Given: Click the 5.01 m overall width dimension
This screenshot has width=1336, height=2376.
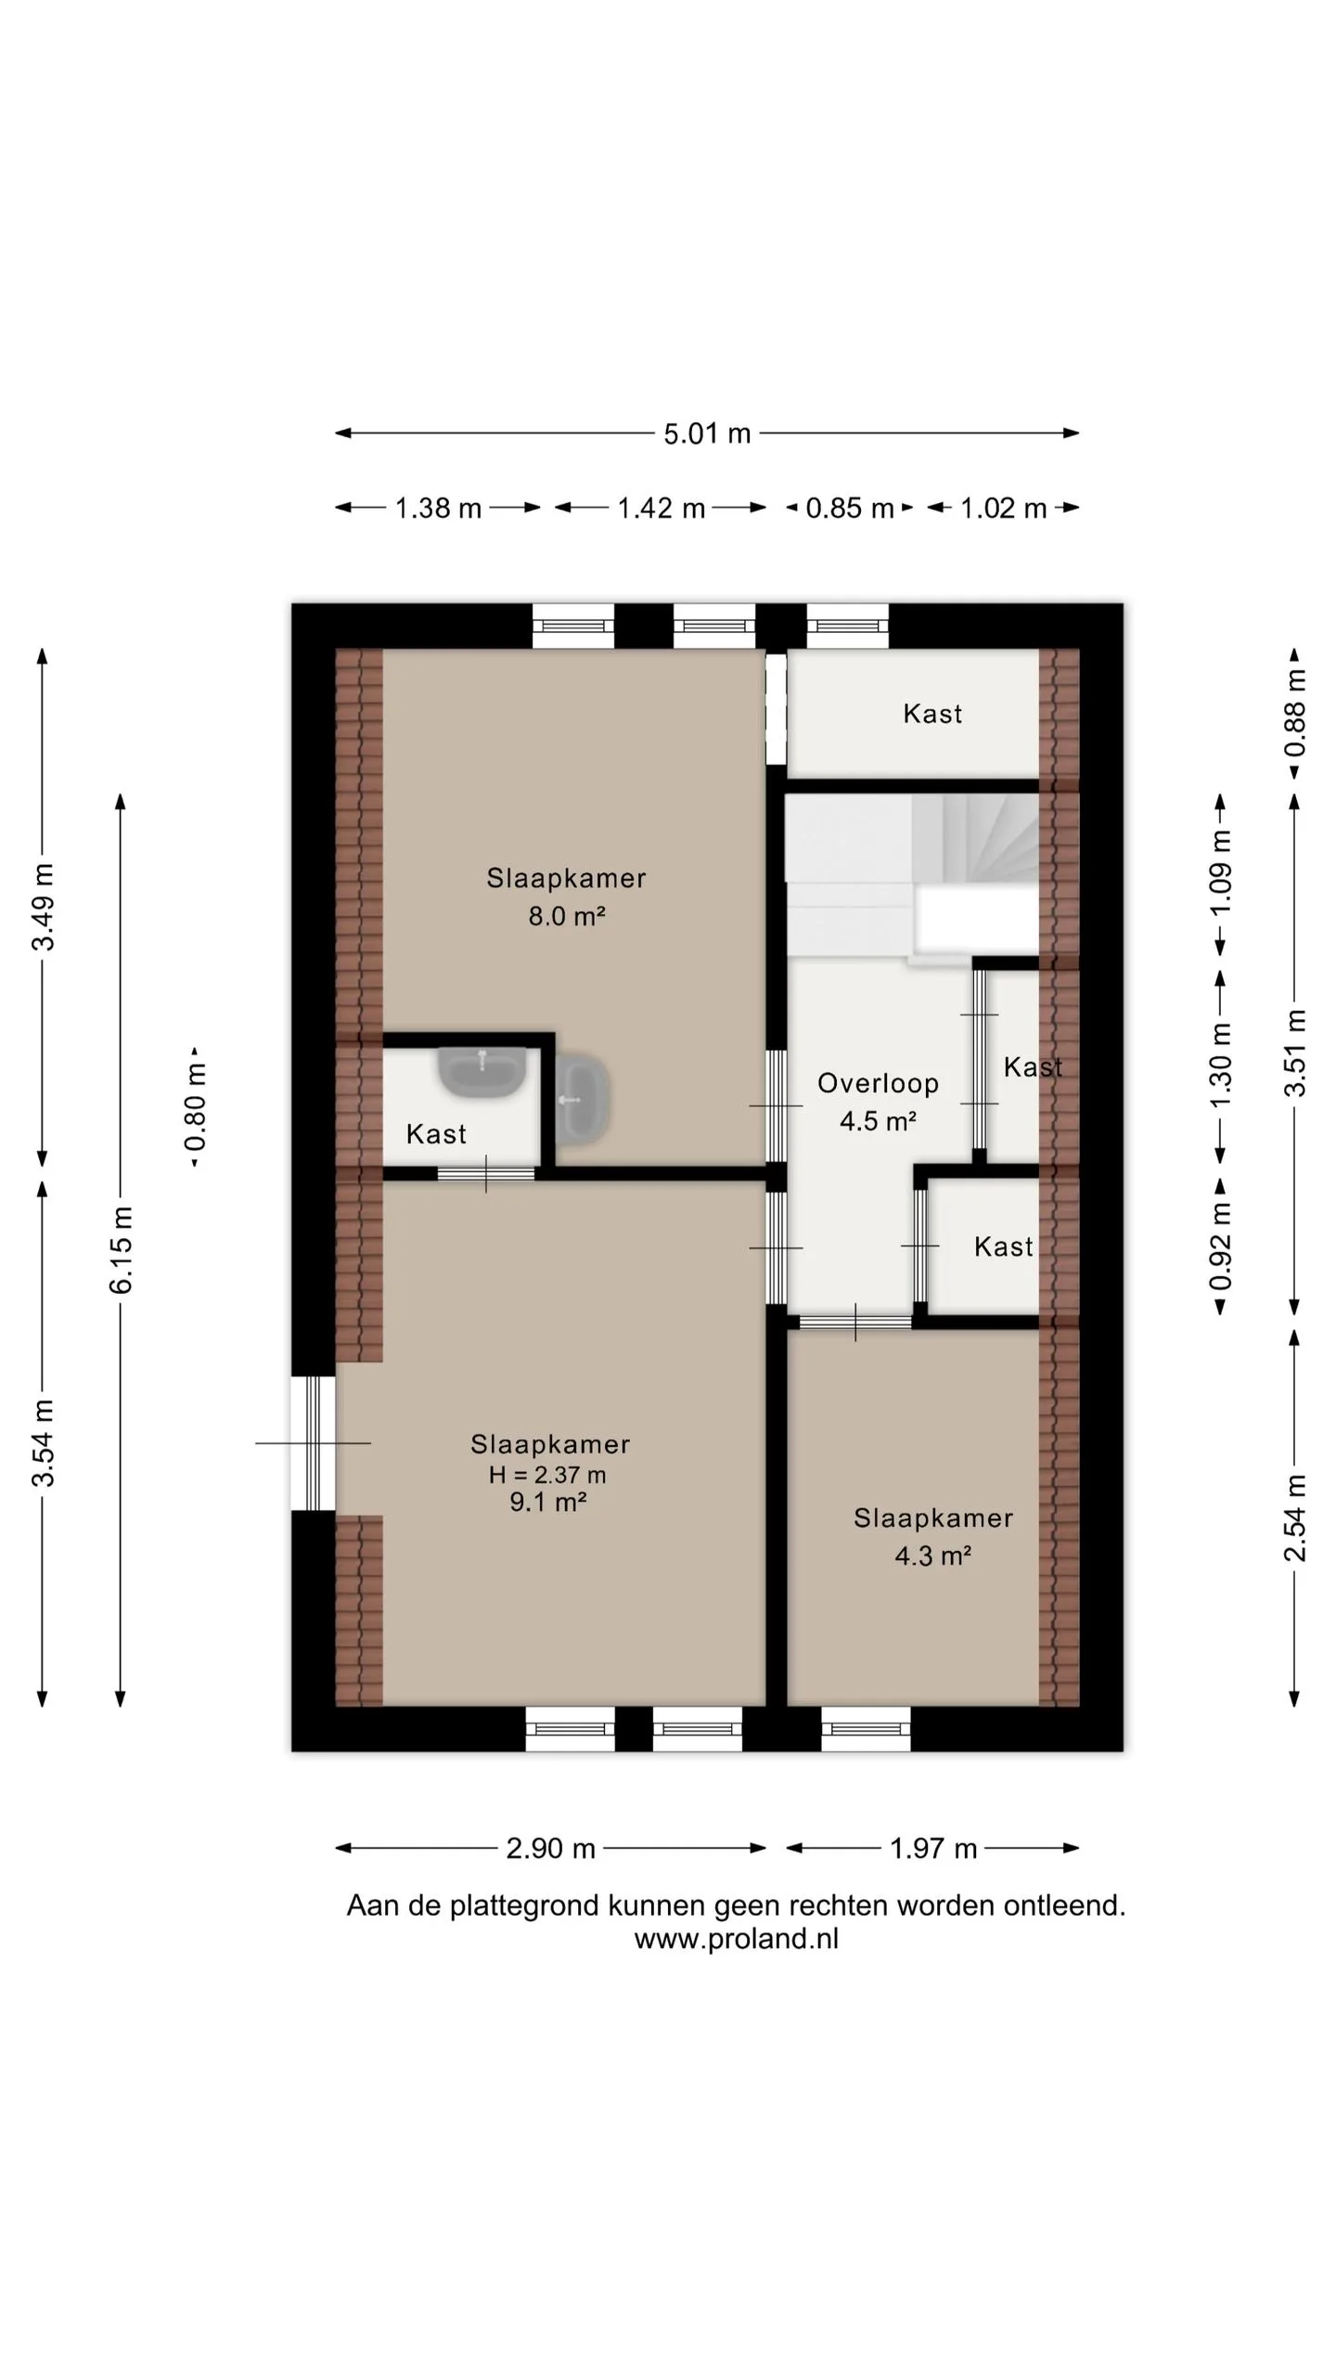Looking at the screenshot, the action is tap(707, 433).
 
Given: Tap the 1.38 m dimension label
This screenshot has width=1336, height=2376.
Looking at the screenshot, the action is tap(438, 508).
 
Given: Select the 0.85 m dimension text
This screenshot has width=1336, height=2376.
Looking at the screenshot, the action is tap(850, 508).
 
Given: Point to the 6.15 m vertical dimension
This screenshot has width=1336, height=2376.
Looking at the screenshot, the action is tap(121, 1249).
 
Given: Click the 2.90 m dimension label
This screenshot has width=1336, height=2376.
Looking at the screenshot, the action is tap(550, 1848).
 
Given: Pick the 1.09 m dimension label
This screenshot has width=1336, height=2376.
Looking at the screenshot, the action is tap(1221, 872).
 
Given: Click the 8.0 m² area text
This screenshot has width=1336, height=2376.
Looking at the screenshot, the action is tap(567, 916).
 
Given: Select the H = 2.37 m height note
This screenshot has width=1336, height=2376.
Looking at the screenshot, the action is tap(547, 1475).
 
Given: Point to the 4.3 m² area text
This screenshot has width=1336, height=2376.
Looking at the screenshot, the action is tap(932, 1556).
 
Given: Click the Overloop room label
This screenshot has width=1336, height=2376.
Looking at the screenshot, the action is tap(878, 1083).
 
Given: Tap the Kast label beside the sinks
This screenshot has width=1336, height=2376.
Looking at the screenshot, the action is tap(436, 1133).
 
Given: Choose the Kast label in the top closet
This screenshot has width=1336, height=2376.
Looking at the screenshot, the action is tap(932, 713).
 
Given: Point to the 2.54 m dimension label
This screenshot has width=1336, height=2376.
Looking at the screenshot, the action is tap(1295, 1517).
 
